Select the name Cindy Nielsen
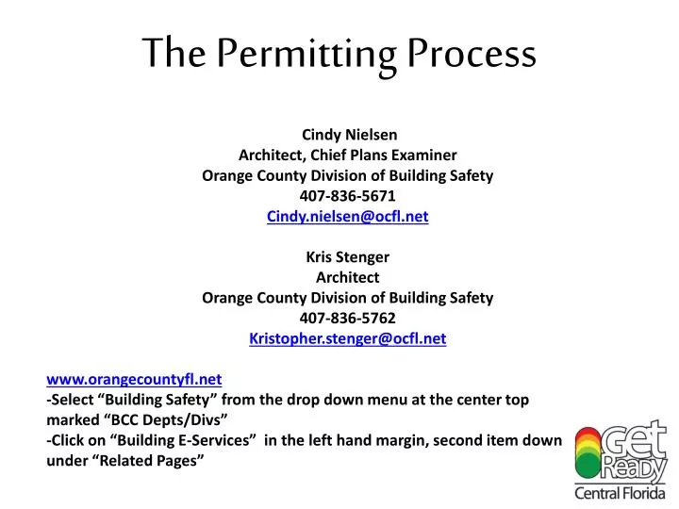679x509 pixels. pyautogui.click(x=348, y=134)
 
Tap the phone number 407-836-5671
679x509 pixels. pyautogui.click(x=348, y=195)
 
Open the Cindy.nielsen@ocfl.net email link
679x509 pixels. pyautogui.click(x=348, y=216)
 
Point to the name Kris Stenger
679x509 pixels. pyautogui.click(x=348, y=256)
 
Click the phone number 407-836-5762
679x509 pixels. pyautogui.click(x=348, y=318)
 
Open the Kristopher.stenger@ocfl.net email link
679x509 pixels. pyautogui.click(x=348, y=338)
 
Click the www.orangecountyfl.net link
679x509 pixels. pyautogui.click(x=134, y=379)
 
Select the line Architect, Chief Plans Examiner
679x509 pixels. pyautogui.click(x=348, y=155)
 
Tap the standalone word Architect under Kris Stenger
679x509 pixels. pyautogui.click(x=348, y=277)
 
